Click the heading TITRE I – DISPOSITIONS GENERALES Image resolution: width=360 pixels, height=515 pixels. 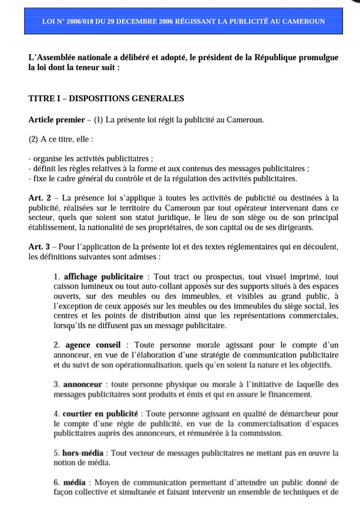tap(106, 98)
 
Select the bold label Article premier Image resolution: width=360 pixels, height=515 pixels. tap(56, 120)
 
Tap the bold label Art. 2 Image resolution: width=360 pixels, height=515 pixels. tap(39, 198)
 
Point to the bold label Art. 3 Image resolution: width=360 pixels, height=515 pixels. tap(39, 247)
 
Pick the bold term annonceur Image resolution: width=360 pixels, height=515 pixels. tap(82, 384)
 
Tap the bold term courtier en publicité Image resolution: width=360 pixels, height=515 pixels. tap(100, 414)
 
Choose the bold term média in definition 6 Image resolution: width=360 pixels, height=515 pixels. tap(74, 483)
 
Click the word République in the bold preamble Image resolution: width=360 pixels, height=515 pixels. tap(274, 58)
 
